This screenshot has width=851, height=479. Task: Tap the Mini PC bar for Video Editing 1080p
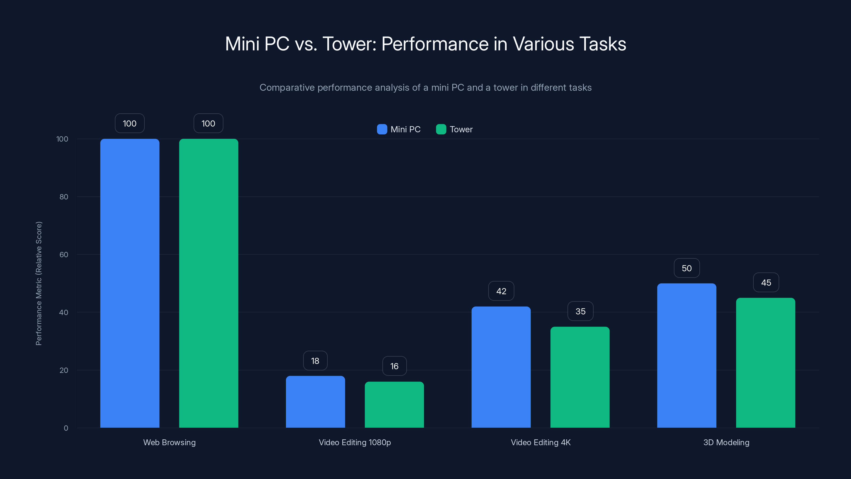point(315,402)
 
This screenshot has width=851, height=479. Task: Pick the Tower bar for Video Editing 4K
point(580,377)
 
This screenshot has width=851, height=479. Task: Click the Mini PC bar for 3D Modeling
point(686,355)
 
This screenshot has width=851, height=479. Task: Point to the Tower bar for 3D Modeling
point(765,363)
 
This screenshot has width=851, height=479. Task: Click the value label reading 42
point(501,291)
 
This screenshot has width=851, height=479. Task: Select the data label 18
point(315,361)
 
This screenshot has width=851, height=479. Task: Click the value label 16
point(394,366)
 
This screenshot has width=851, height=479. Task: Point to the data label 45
point(766,282)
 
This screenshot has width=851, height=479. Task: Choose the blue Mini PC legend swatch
point(382,129)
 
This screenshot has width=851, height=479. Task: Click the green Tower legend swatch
point(441,129)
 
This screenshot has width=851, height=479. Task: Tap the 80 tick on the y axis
point(64,197)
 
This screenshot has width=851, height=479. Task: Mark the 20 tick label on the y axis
point(64,370)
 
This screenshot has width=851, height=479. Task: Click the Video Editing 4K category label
point(540,442)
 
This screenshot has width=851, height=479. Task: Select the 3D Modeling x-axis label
point(726,442)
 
